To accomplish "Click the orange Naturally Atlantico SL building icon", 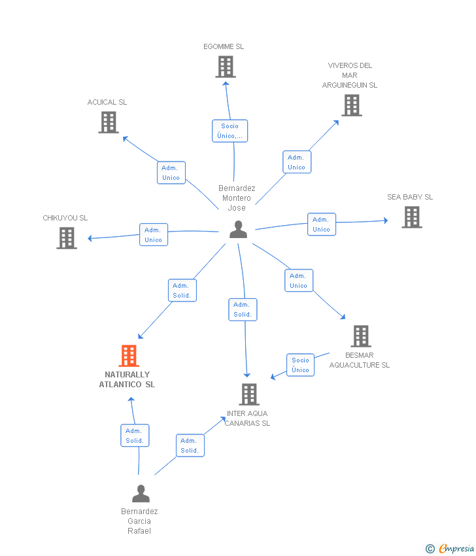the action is point(129,356).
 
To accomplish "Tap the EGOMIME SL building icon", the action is point(226,67).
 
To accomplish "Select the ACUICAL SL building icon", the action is point(109,122).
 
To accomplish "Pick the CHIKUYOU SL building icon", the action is point(67,238).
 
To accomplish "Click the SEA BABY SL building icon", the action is point(412,217).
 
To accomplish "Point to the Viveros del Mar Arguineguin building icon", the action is point(352,105).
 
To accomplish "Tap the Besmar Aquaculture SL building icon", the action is point(361,336).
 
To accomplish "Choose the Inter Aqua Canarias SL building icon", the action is point(249,394).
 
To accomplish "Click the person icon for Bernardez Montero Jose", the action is point(238,229).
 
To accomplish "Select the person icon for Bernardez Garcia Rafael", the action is point(141,494).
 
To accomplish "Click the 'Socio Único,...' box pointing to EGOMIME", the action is point(229,131).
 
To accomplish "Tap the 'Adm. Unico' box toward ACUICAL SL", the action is point(171,173).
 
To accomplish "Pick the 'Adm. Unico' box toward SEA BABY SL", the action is point(322,224).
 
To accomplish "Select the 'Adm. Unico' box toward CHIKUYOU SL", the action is point(154,235).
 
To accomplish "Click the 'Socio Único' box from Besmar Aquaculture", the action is point(300,365).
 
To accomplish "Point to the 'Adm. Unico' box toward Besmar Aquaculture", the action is point(299,281).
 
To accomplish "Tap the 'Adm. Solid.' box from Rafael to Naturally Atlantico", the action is point(135,436).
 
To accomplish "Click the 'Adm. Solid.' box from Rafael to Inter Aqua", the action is point(190,445).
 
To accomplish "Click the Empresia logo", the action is point(450,549).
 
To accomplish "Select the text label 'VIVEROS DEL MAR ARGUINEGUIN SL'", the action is point(349,75).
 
